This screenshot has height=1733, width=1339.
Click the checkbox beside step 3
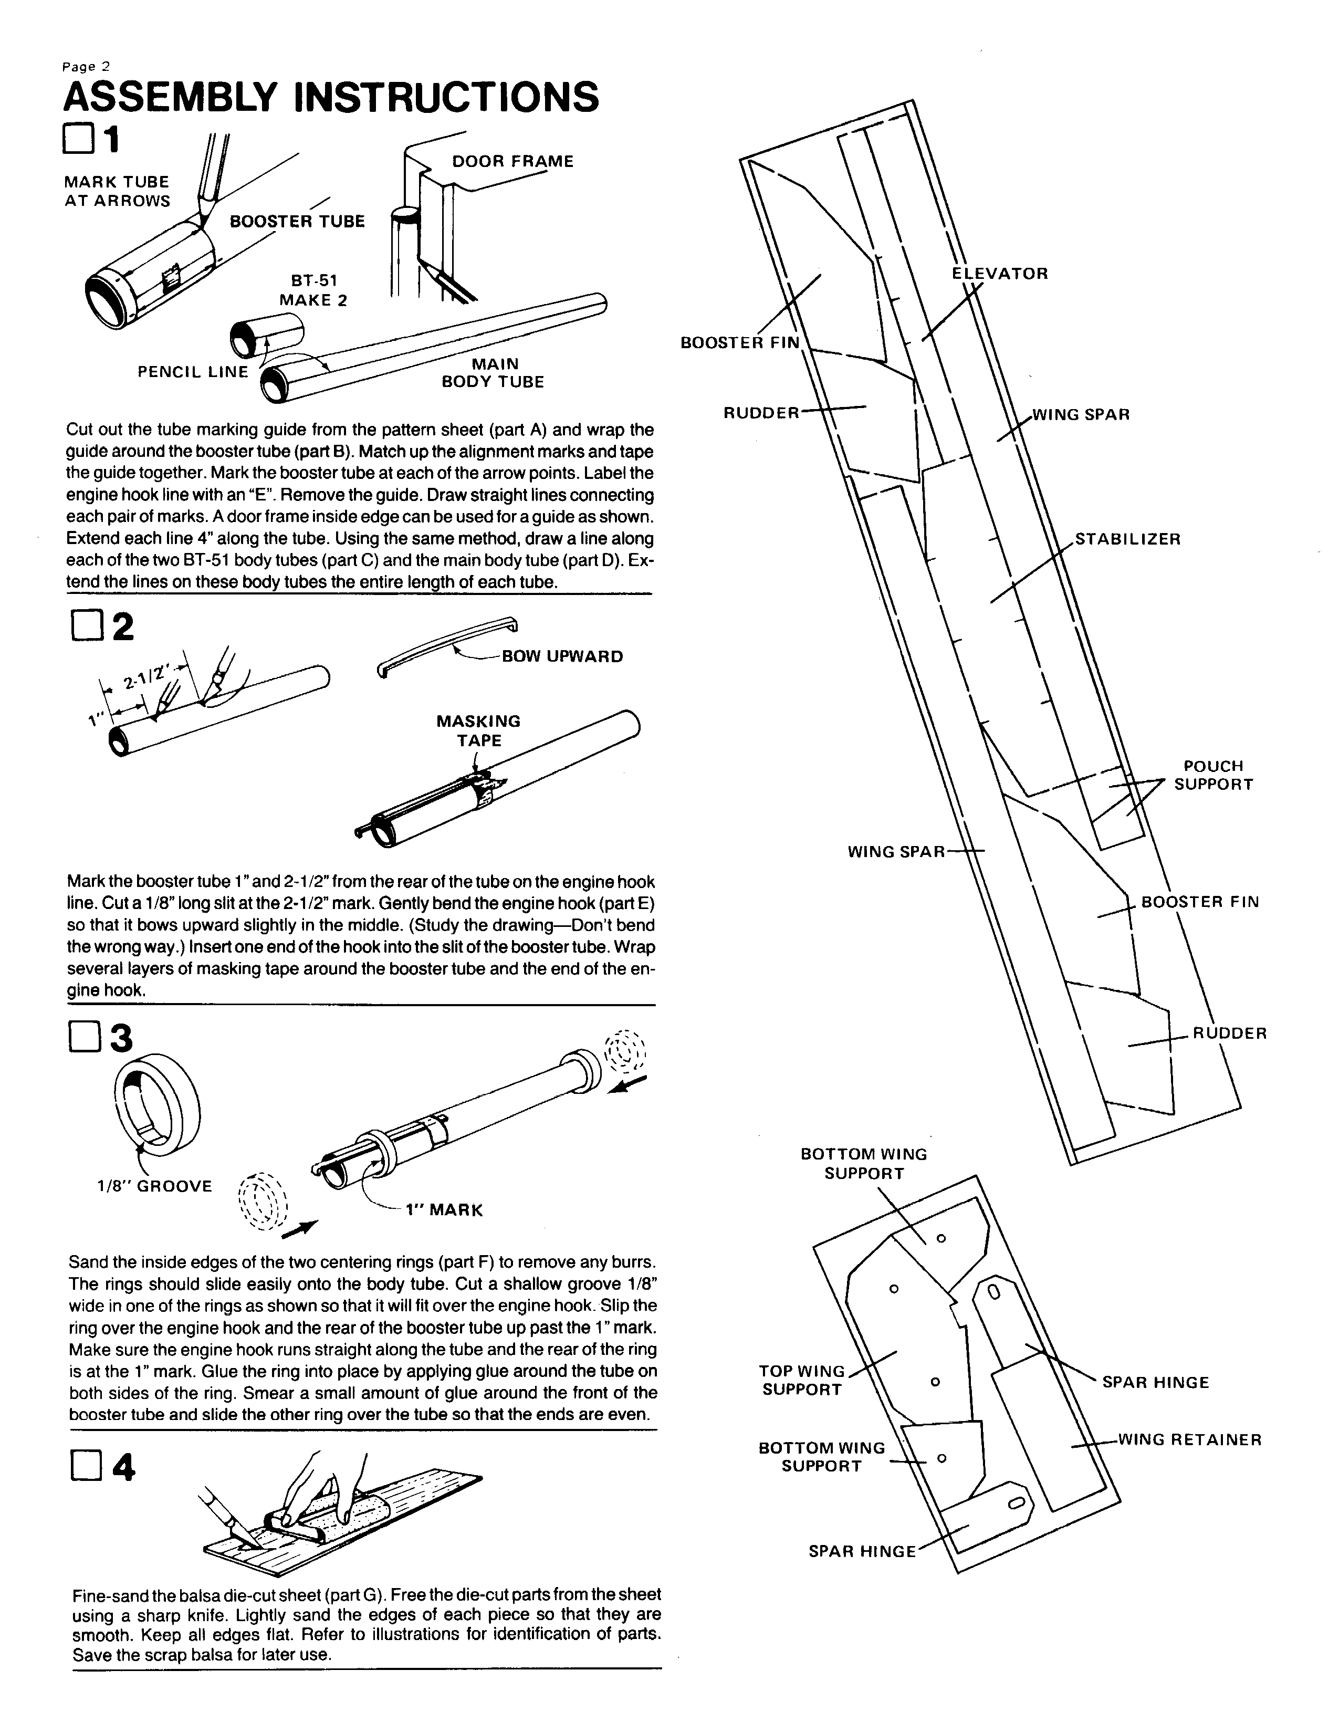tap(82, 1038)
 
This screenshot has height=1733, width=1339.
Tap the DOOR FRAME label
tap(512, 162)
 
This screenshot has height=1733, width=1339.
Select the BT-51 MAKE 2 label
tap(313, 290)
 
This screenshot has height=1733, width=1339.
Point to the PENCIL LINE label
tap(193, 372)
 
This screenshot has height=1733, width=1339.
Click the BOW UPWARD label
tap(562, 657)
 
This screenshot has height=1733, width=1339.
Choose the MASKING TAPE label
tap(478, 731)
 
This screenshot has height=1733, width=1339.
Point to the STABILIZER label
tap(1127, 539)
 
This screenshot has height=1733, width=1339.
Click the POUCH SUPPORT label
tap(1213, 775)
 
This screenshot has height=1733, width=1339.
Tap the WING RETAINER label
tap(1189, 1439)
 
